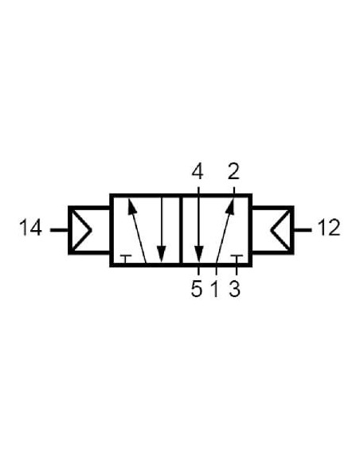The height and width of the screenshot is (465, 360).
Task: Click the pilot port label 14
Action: (x=30, y=228)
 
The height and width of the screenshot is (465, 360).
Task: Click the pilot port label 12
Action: (x=329, y=228)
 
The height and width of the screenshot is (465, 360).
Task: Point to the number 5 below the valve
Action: (x=197, y=289)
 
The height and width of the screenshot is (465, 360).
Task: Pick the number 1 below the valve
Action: (x=215, y=289)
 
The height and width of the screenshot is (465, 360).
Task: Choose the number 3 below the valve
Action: (x=234, y=289)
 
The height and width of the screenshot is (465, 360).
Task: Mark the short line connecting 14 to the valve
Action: (x=59, y=230)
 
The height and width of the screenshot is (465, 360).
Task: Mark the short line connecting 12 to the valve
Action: (x=303, y=230)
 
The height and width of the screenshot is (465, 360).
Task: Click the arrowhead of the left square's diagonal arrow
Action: (x=131, y=206)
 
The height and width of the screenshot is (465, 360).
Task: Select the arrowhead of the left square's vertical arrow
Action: (x=162, y=254)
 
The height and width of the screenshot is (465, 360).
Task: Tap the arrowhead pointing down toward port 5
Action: (x=198, y=254)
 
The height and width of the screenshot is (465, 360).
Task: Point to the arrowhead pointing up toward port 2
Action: (x=230, y=206)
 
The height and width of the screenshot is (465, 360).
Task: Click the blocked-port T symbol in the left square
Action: (x=126, y=258)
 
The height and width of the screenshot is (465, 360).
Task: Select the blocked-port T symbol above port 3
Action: (x=237, y=258)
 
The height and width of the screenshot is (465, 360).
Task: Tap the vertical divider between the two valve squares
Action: (x=181, y=230)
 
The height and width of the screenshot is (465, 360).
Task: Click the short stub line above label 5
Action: (x=198, y=271)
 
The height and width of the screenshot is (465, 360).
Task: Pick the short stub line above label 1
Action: (x=216, y=271)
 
